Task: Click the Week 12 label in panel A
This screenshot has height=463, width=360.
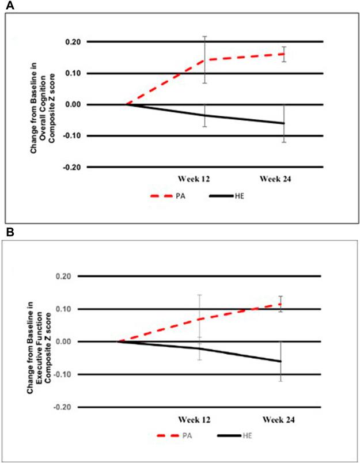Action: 194,179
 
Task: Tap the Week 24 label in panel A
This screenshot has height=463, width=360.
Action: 275,179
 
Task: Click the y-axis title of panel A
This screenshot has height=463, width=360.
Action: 46,104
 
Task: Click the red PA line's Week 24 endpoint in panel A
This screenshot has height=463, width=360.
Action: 283,54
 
